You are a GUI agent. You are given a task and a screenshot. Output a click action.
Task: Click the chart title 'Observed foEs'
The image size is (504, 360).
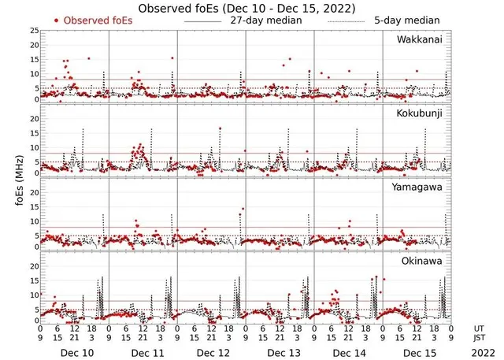point(246,8)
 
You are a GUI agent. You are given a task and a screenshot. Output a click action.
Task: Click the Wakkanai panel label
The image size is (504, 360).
point(419,39)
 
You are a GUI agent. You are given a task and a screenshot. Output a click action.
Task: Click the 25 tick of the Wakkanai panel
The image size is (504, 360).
point(33,31)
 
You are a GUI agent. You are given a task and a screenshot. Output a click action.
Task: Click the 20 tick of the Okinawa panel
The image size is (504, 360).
point(33,266)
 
